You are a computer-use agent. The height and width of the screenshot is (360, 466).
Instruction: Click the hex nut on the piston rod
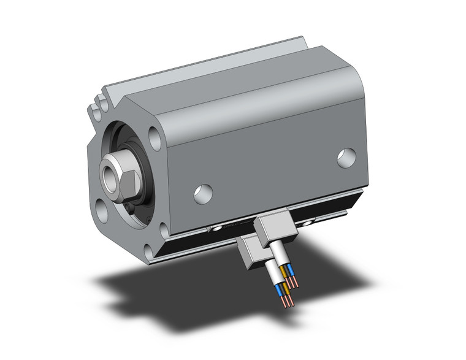[122, 175]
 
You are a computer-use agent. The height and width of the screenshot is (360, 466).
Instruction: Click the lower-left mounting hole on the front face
[101, 209]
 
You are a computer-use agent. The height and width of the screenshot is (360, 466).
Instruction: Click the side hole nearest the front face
[203, 193]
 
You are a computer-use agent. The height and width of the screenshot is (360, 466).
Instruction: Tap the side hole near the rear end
[346, 158]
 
